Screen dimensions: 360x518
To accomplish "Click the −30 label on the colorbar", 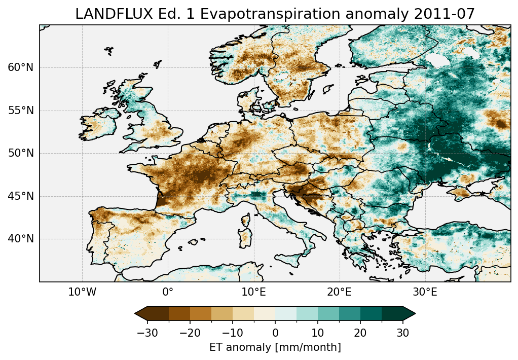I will (146, 333).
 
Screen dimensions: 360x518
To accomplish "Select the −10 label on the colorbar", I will (232, 333).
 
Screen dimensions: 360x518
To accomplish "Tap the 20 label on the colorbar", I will (360, 333).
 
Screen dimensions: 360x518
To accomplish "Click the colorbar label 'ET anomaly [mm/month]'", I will (275, 347).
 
